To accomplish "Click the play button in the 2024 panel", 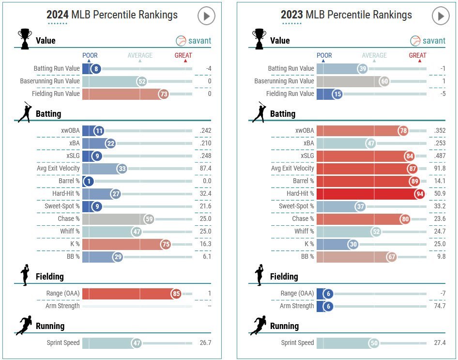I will (206, 16).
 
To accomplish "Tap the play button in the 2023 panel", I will (441, 16).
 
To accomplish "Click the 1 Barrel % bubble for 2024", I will (89, 181).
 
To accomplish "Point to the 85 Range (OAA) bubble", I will (176, 294).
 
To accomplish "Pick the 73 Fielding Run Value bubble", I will (164, 94).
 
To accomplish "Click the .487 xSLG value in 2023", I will (441, 156).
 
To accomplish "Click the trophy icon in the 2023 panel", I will (259, 39).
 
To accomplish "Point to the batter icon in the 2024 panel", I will (25, 112).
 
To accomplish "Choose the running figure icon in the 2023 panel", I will (258, 325).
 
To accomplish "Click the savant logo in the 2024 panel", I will (193, 41).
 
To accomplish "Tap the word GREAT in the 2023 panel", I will (417, 56).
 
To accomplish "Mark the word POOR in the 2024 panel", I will (90, 56).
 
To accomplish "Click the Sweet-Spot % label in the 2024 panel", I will (59, 206).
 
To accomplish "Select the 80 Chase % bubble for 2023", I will (405, 219).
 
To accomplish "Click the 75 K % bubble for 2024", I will (166, 244).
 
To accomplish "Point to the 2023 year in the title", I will (291, 15).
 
